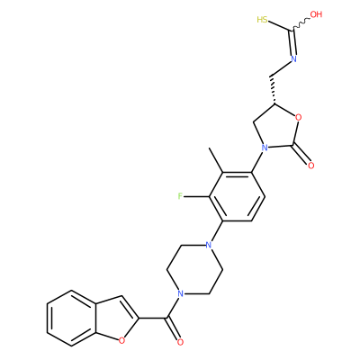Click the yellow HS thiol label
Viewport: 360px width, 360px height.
262,20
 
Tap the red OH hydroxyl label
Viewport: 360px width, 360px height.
316,14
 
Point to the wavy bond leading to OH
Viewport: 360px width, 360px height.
301,23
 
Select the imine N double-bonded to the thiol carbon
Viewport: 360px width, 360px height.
293,58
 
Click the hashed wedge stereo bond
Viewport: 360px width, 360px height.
273,89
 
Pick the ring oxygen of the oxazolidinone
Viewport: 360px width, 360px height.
298,117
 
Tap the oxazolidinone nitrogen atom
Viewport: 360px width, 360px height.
264,148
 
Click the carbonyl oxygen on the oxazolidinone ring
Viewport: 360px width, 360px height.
310,165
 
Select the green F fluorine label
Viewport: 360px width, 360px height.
180,196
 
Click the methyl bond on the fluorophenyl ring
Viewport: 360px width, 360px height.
216,160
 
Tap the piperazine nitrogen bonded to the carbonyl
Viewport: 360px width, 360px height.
180,293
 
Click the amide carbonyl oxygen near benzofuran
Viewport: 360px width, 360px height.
180,342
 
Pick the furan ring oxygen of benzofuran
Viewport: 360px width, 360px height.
121,340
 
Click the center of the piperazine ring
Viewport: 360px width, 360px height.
194,269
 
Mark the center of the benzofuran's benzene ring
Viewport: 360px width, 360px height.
71,318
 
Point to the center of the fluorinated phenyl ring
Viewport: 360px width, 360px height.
237,197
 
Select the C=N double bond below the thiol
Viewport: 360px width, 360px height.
292,42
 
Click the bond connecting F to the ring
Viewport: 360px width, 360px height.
196,197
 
